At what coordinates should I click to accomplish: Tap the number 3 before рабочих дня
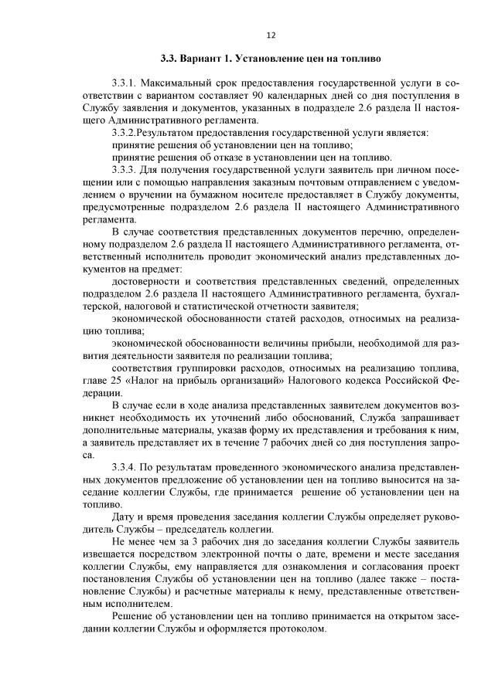click(x=191, y=542)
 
